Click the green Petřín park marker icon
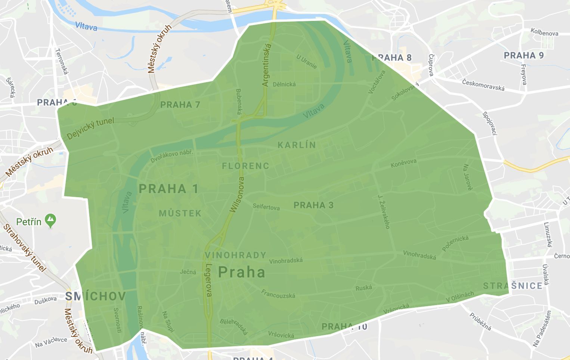click(x=50, y=221)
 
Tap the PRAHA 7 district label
click(x=180, y=105)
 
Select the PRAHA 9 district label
click(x=524, y=56)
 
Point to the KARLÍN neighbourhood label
click(x=297, y=145)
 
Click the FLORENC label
click(x=245, y=166)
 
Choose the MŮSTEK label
click(x=180, y=213)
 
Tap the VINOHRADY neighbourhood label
click(x=235, y=255)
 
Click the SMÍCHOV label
click(x=95, y=297)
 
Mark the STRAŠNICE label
click(x=512, y=286)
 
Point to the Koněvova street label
click(x=403, y=163)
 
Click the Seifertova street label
click(x=266, y=207)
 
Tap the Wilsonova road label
click(x=237, y=195)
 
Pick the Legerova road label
click(x=208, y=280)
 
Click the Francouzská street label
click(x=278, y=294)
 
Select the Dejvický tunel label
click(x=90, y=128)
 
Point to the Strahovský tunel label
click(x=25, y=248)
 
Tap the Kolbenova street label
click(x=544, y=33)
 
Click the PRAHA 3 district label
click(x=313, y=205)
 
